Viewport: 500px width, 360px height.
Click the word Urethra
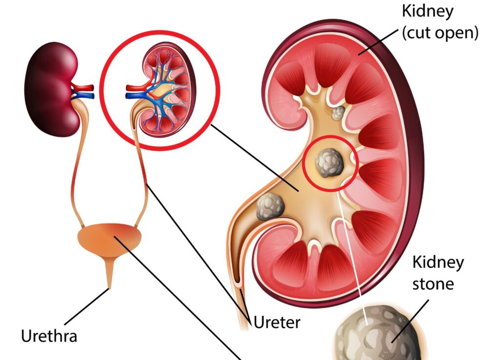49,336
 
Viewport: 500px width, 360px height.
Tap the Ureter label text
277,322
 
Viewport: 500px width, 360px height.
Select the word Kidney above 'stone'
438,262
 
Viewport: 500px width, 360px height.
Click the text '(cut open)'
440,33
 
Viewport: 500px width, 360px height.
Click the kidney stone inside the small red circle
329,163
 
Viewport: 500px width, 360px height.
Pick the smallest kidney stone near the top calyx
338,114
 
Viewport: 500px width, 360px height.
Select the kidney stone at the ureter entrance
270,206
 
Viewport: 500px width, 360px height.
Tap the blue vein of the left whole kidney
83,95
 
